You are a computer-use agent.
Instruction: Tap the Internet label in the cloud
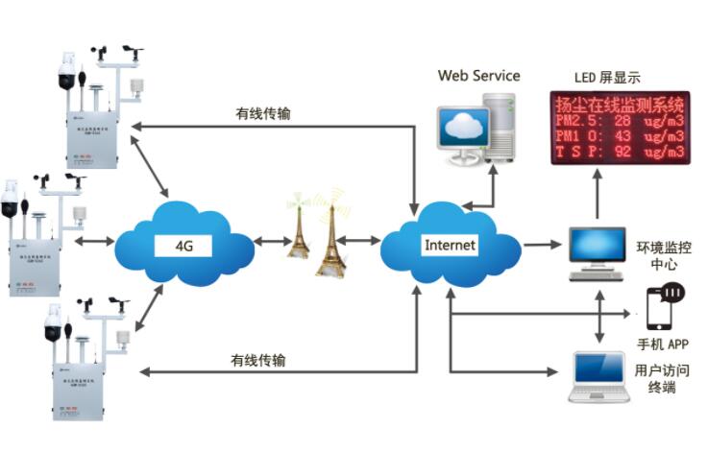click(450, 245)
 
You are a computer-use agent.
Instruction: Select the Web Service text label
click(478, 75)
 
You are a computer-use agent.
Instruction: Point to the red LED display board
click(617, 128)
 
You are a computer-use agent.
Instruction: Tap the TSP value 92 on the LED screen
click(622, 152)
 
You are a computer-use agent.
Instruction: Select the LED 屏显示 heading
click(606, 78)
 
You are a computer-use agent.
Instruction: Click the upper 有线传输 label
click(262, 113)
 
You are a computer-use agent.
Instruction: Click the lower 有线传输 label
click(257, 361)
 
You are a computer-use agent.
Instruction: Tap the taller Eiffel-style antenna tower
click(331, 237)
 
